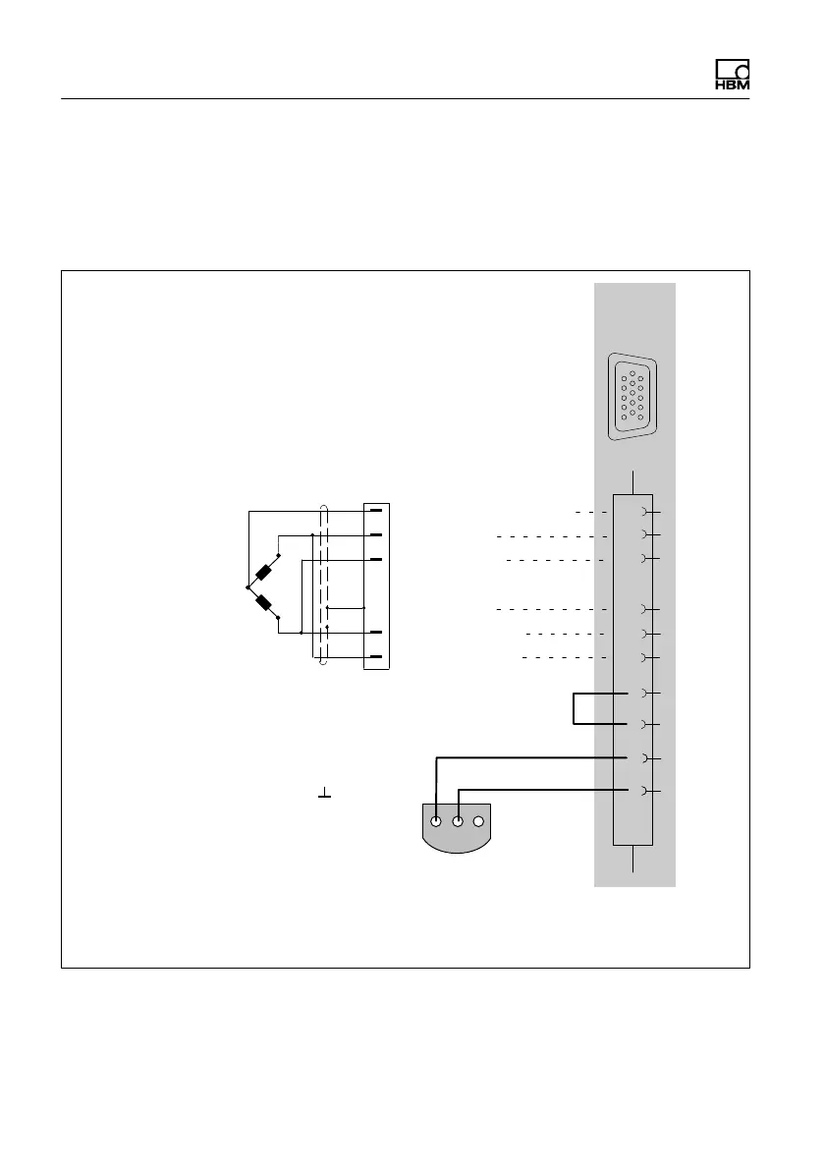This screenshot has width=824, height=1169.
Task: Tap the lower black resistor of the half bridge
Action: (x=264, y=603)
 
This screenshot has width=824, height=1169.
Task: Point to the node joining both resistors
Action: (x=247, y=588)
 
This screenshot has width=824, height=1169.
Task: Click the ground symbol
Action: (x=324, y=793)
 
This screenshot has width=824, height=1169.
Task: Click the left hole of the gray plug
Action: (x=435, y=820)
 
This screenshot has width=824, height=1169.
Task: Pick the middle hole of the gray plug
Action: (x=458, y=820)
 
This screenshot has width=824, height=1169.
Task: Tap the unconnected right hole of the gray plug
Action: (x=479, y=820)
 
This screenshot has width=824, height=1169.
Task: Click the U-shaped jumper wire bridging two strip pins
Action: (x=574, y=709)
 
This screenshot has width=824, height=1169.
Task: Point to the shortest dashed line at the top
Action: (x=591, y=513)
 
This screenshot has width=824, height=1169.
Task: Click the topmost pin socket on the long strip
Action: (x=644, y=513)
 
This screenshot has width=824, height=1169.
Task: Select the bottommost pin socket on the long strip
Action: (x=644, y=791)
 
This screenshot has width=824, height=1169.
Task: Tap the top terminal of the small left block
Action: (x=375, y=512)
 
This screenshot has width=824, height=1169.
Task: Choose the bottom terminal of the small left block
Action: (x=375, y=656)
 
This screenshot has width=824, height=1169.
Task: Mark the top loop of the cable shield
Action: (x=322, y=508)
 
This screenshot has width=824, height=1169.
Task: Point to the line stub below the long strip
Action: (x=633, y=859)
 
